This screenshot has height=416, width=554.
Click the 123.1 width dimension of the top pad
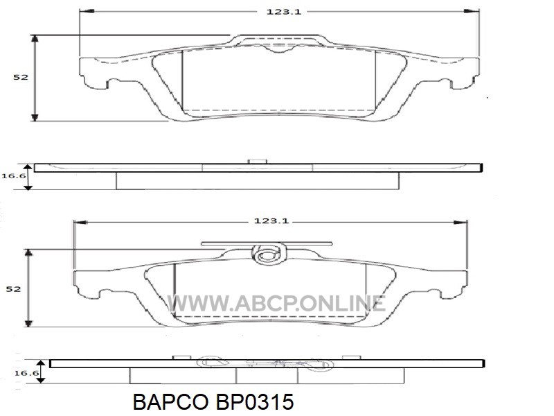284,12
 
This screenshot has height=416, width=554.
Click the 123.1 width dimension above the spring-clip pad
271,221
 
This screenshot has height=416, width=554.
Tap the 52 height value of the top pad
20,77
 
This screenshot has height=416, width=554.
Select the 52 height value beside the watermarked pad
13,289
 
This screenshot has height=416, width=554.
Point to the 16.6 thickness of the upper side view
14,175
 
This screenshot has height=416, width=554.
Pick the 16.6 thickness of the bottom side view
26,373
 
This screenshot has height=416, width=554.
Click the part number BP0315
254,402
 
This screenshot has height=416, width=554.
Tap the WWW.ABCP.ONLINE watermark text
276,304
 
